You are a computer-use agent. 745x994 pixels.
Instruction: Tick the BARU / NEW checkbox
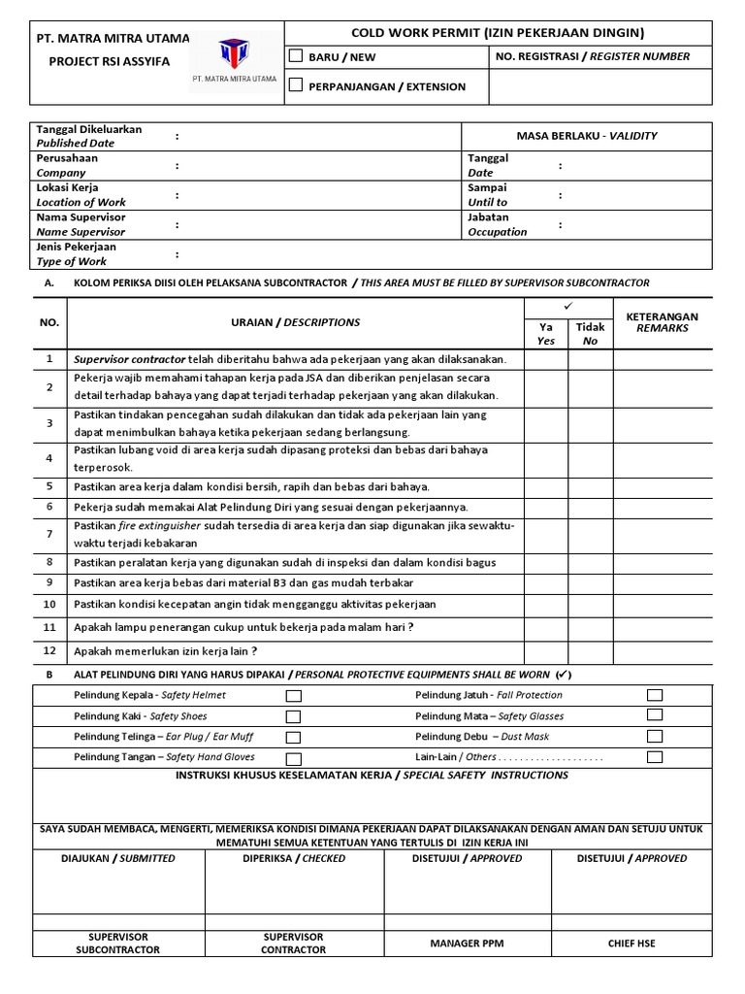click(296, 56)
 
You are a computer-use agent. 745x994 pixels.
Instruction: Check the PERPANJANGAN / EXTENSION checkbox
click(296, 85)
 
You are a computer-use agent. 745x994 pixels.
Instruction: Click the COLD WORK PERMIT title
click(497, 33)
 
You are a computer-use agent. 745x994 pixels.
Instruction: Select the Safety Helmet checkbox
click(294, 696)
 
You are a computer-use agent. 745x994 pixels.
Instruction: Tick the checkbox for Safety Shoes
click(294, 716)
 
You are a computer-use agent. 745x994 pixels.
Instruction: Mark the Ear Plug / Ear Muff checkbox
click(294, 738)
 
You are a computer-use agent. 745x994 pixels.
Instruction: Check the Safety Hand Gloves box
click(294, 758)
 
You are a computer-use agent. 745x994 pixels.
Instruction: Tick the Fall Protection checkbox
click(655, 695)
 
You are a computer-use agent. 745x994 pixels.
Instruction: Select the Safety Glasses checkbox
click(655, 715)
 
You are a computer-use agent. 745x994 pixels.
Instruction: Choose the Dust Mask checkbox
click(655, 736)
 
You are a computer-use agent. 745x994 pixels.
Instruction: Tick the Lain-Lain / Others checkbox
click(655, 756)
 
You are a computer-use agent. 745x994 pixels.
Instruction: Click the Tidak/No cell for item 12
click(590, 651)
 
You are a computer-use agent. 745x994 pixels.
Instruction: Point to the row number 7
click(49, 534)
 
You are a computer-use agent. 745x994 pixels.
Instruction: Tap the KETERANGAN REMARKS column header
click(663, 322)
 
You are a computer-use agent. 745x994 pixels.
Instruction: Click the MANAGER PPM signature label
click(469, 943)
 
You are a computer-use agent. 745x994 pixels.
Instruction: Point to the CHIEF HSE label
click(632, 943)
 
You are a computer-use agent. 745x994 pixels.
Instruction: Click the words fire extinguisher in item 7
click(165, 525)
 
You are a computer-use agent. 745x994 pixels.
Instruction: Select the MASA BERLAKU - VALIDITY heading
click(587, 136)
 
